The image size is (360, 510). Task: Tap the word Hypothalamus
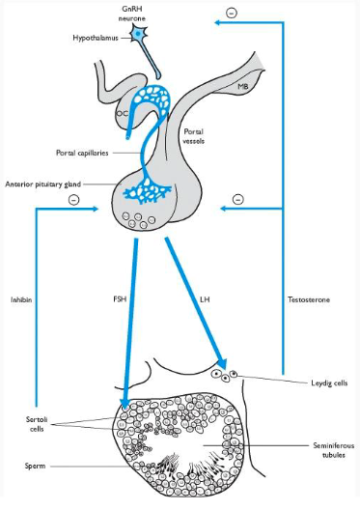[97, 38]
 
